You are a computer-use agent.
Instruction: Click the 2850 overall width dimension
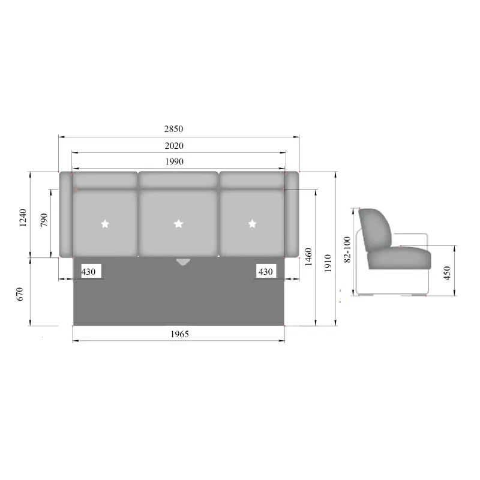(x=173, y=129)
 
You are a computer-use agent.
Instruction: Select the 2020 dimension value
(x=174, y=146)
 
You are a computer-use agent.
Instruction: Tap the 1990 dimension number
(x=174, y=161)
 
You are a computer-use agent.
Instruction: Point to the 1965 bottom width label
(x=179, y=334)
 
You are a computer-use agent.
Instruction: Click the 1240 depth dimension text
(x=23, y=218)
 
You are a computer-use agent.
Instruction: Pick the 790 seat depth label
(x=44, y=220)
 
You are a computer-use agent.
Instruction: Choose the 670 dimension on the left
(x=20, y=294)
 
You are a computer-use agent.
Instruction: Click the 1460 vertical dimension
(x=308, y=257)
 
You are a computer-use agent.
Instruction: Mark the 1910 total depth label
(x=328, y=263)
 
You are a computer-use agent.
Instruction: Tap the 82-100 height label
(x=347, y=250)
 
